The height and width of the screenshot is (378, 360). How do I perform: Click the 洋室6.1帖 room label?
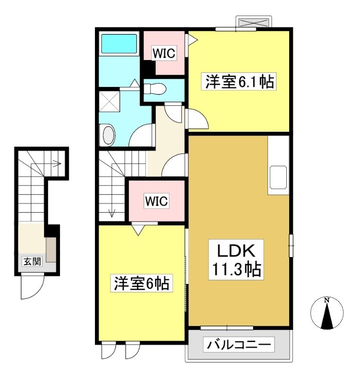pos(239,81)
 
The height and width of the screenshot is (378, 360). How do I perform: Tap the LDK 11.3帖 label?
pos(236,259)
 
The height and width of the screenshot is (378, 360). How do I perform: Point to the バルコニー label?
pos(239,344)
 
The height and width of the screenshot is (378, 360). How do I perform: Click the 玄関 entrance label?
pos(32,261)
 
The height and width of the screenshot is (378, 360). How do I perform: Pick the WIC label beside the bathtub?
pos(164,53)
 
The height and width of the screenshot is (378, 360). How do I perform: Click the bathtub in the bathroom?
pos(119,43)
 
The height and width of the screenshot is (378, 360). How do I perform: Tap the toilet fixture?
pos(154,88)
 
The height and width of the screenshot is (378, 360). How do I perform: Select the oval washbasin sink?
pos(109,135)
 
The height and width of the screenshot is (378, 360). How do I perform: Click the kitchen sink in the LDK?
pos(278,177)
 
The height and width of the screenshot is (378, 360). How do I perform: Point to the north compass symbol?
pos(327,313)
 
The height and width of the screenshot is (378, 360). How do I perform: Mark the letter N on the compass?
pos(327,300)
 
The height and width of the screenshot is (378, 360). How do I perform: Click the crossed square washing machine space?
pos(110,101)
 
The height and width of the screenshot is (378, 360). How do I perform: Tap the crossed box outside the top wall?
pos(254,23)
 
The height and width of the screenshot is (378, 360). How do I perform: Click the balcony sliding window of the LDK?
pos(227,328)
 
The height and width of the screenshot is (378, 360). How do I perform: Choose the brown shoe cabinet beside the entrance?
pos(51,249)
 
